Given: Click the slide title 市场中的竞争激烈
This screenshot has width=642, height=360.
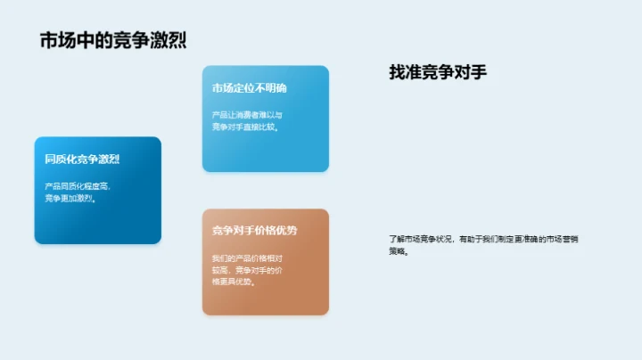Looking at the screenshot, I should (113, 41).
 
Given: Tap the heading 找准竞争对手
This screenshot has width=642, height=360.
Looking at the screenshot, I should (438, 73).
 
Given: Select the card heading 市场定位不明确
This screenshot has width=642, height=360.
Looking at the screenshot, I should (249, 88).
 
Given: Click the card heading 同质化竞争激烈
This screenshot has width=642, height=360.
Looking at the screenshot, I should (82, 160).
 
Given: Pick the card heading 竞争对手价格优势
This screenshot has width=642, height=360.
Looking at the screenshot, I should (254, 231).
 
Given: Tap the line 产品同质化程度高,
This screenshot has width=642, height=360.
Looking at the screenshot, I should (78, 186).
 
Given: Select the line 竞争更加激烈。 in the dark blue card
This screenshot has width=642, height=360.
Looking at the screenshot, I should (70, 198).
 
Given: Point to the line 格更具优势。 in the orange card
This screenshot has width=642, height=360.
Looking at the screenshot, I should (234, 282).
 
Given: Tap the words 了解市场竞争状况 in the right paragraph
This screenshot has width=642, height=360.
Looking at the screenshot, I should (421, 239).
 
